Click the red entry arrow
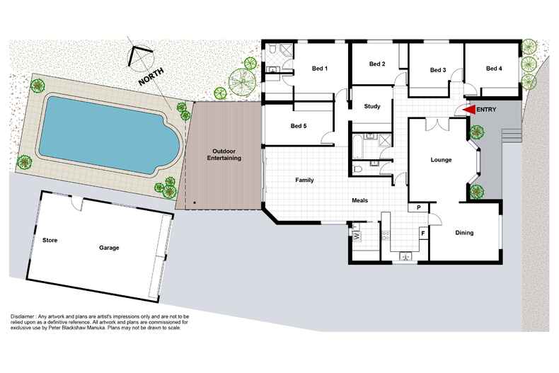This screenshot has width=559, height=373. [468, 110]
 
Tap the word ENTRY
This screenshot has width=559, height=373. [487, 110]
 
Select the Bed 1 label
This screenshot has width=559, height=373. [320, 69]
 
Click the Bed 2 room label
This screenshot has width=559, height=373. [377, 64]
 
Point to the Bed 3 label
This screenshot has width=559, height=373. [437, 70]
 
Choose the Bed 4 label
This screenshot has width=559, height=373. [494, 69]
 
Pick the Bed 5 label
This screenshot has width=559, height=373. [299, 127]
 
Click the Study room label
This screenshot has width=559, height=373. [372, 107]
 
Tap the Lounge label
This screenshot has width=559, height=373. [441, 160]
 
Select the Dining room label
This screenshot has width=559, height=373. [464, 233]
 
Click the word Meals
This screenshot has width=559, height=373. [360, 200]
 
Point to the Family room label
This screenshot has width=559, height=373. [304, 180]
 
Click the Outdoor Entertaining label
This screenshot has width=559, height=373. [224, 155]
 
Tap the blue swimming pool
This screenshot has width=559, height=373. [106, 134]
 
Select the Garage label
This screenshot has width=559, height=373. [109, 248]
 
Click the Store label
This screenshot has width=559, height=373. [50, 240]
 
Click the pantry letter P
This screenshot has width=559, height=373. [419, 207]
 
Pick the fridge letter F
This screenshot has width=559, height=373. [422, 232]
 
